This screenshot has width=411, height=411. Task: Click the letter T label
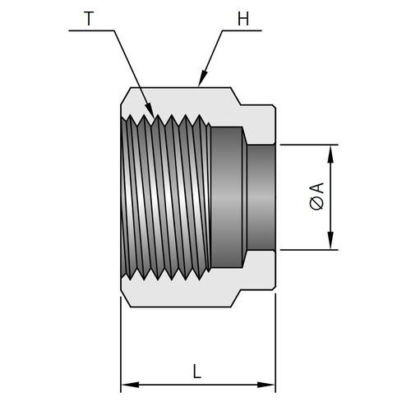88,19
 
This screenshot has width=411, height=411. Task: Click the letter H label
243,19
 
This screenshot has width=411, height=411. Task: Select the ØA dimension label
316,196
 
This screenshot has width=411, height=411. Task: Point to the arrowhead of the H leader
202,78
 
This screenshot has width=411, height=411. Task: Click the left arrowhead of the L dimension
130,385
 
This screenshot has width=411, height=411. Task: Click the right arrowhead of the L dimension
266,385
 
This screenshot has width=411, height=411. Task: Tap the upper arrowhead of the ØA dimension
330,155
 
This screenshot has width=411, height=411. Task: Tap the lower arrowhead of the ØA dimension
330,240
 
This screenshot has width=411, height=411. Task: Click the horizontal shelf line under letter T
91,30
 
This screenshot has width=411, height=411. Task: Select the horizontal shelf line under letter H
242,30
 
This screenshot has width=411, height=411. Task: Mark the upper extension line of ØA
309,145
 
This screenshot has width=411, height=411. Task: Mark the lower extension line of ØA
309,250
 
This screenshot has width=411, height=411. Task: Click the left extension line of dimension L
121,344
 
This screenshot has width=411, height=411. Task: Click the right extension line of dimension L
275,343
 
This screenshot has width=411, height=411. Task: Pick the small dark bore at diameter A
261,197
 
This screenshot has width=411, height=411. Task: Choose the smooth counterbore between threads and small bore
229,197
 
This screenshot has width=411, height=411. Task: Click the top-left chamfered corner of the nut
126,95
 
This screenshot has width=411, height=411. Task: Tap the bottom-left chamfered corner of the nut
126,298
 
